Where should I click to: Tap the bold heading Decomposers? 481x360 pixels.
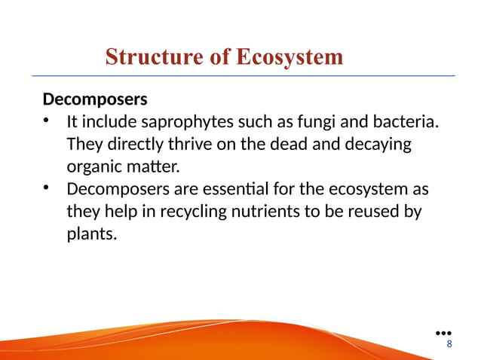(x=94, y=99)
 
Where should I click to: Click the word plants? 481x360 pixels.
(x=91, y=234)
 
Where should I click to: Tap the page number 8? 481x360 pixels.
(x=450, y=344)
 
